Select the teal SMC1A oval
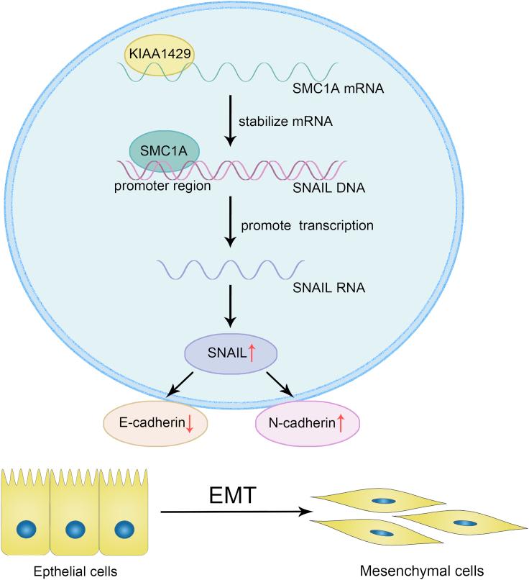coord(164,150)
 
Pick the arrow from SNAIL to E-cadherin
coord(180,384)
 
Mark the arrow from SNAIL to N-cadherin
coord(280,384)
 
